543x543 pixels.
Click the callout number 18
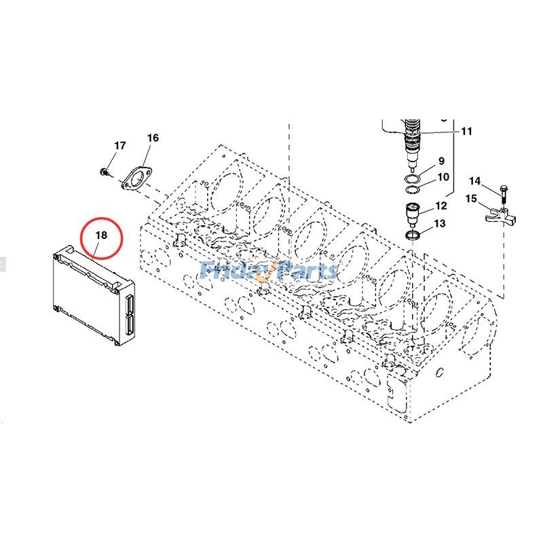click(x=101, y=235)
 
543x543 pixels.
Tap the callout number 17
click(x=119, y=146)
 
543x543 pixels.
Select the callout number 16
click(x=153, y=138)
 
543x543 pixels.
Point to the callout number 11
click(x=466, y=131)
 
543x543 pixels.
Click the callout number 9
click(x=441, y=161)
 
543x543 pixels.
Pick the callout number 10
click(x=443, y=177)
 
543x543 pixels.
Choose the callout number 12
click(x=441, y=206)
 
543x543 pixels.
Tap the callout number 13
click(x=440, y=223)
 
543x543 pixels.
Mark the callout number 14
click(x=475, y=181)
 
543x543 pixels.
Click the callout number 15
click(x=471, y=198)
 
